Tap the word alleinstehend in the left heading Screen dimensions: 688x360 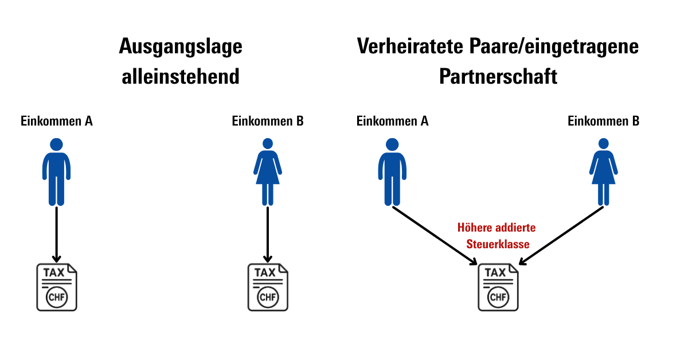tap(181, 76)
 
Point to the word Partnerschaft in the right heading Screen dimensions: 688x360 tap(498, 76)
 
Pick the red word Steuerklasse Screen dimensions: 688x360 tap(498, 244)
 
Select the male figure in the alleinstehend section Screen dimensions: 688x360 tap(57, 172)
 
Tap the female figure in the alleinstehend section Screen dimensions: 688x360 tap(268, 172)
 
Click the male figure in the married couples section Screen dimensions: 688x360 tap(392, 172)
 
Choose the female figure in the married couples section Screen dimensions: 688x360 tap(604, 172)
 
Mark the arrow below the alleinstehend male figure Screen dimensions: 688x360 tap(57, 234)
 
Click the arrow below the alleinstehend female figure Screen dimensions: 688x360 tap(268, 234)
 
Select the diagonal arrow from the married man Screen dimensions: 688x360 tap(435, 236)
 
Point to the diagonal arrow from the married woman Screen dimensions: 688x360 tap(561, 236)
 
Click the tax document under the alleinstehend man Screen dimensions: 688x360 tap(57, 287)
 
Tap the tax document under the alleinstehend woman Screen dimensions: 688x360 tap(268, 287)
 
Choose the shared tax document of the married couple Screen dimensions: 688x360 tap(498, 287)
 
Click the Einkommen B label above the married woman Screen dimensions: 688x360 tap(604, 121)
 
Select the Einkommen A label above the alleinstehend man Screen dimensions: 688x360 tap(57, 121)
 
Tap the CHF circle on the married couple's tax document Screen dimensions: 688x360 tap(498, 298)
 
